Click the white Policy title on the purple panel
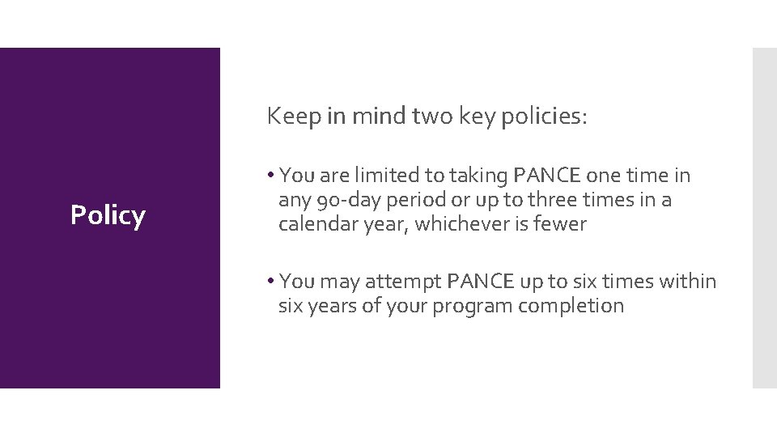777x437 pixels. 108,215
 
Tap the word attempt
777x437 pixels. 401,282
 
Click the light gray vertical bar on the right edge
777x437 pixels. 764,218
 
